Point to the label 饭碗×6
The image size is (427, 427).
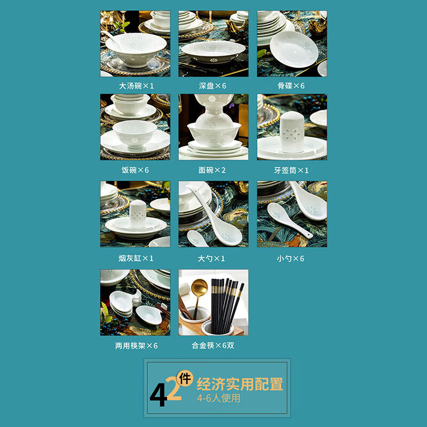135,170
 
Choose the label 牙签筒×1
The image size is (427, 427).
292,170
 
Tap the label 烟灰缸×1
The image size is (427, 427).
135,258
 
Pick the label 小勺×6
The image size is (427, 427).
292,258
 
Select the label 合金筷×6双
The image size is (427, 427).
213,345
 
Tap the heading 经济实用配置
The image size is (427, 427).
240,384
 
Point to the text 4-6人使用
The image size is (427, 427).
219,399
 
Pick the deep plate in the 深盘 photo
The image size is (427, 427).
213,51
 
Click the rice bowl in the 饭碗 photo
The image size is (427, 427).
135,133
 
